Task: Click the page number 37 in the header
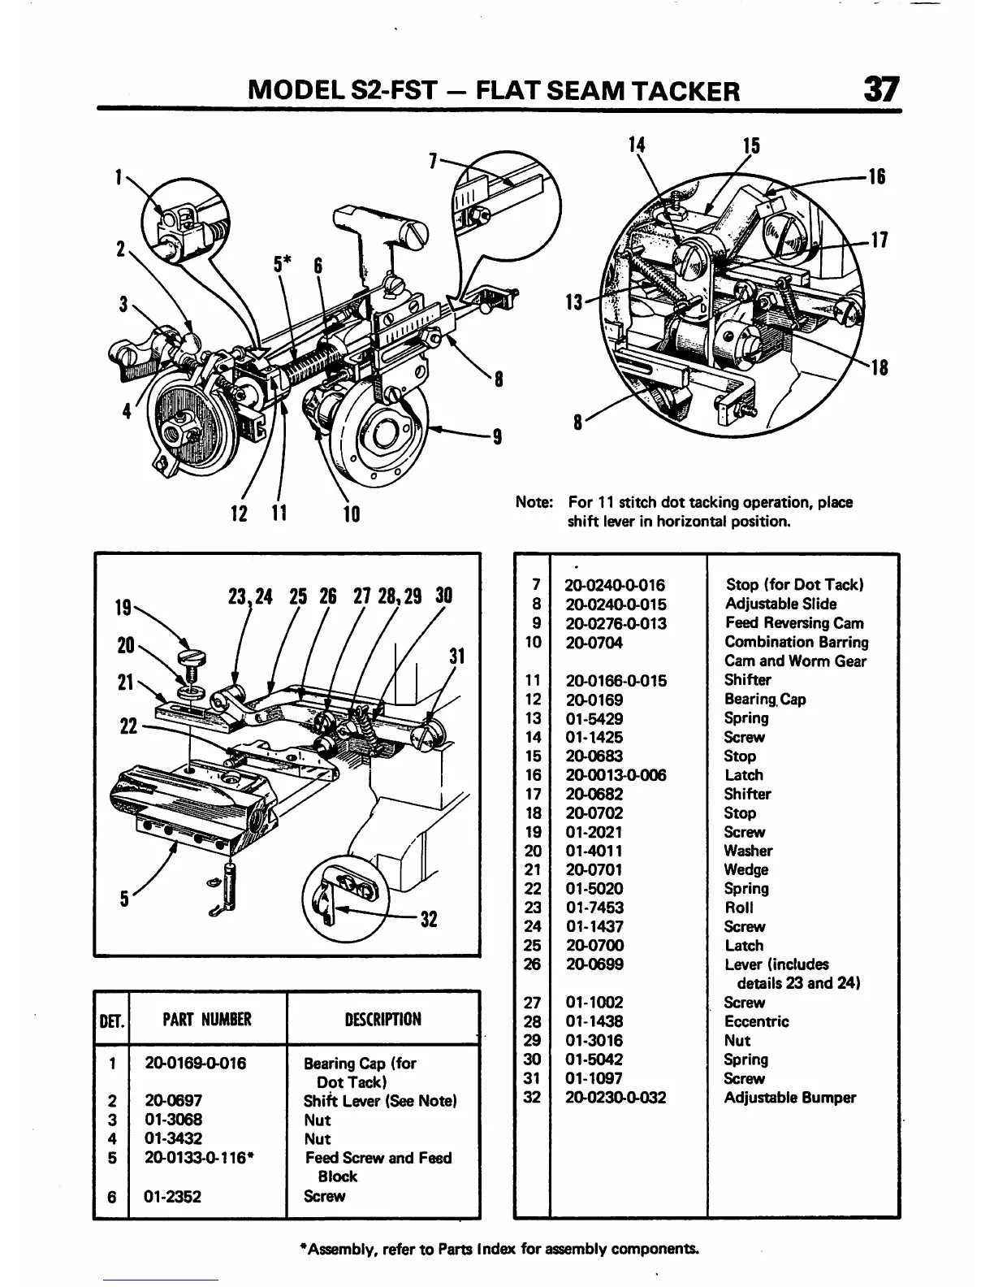pyautogui.click(x=881, y=89)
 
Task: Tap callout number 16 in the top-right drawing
pyautogui.click(x=877, y=177)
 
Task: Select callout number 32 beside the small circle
pyautogui.click(x=429, y=919)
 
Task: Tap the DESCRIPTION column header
pyautogui.click(x=384, y=1019)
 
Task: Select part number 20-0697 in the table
pyautogui.click(x=173, y=1101)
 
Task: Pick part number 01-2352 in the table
pyautogui.click(x=173, y=1196)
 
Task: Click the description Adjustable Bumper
pyautogui.click(x=789, y=1098)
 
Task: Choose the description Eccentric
pyautogui.click(x=755, y=1021)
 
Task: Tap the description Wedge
pyautogui.click(x=747, y=869)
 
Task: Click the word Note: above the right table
pyautogui.click(x=534, y=502)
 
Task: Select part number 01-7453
pyautogui.click(x=594, y=908)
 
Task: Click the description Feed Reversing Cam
pyautogui.click(x=793, y=623)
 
